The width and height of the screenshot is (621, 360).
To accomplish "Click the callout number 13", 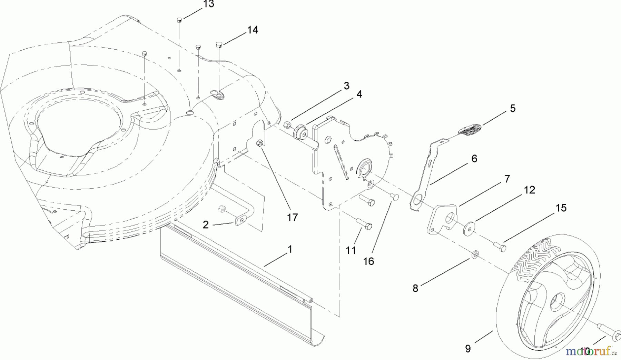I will (209, 4).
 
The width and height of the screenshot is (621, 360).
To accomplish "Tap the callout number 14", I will (253, 30).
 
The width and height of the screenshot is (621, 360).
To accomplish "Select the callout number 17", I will (292, 218).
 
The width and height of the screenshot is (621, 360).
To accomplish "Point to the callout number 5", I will (512, 108).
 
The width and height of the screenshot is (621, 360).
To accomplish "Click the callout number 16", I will (368, 261).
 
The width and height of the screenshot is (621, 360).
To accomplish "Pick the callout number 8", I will (415, 288).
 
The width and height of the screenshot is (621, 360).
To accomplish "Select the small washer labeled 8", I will (475, 255).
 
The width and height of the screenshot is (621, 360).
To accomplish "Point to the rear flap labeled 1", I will (241, 276).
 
